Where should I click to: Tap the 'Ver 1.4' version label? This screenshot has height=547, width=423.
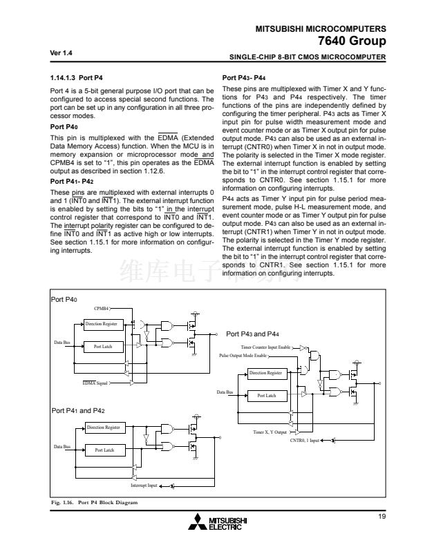(x=62, y=53)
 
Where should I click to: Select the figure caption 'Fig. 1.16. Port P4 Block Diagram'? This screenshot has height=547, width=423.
(x=96, y=502)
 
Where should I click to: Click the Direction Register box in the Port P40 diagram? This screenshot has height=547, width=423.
(x=102, y=324)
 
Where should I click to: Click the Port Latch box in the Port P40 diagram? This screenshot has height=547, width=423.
(x=102, y=347)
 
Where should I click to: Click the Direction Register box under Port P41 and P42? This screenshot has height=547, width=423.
(x=103, y=428)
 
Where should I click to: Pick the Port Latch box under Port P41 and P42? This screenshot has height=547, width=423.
(x=103, y=450)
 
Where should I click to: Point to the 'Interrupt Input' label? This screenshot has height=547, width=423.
(x=144, y=486)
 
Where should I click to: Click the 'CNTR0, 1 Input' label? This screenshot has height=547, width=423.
(x=305, y=440)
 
